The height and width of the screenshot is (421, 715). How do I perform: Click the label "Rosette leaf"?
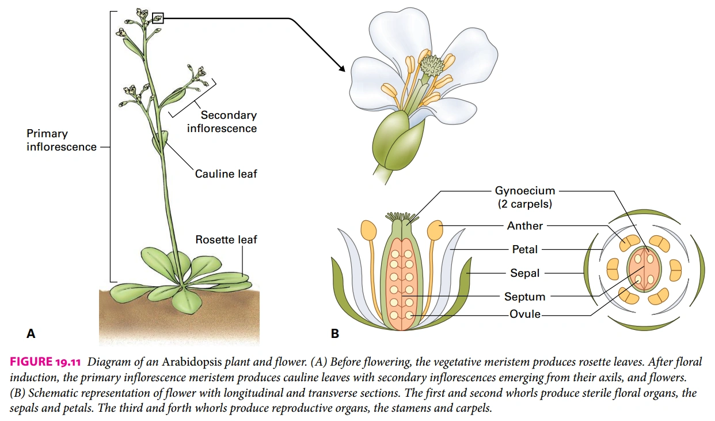pyautogui.click(x=226, y=239)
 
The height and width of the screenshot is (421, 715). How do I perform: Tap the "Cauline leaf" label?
pyautogui.click(x=226, y=174)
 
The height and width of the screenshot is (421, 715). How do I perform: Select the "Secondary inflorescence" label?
pyautogui.click(x=222, y=122)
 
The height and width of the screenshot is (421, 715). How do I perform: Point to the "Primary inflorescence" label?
pyautogui.click(x=62, y=141)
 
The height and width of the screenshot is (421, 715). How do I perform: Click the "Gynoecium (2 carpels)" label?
pyautogui.click(x=525, y=197)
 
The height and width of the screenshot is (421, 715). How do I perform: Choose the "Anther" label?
pyautogui.click(x=525, y=226)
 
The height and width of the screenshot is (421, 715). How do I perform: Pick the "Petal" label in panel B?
pyautogui.click(x=525, y=250)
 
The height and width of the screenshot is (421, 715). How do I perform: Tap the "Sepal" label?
pyautogui.click(x=525, y=273)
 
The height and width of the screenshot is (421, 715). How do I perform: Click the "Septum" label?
pyautogui.click(x=525, y=297)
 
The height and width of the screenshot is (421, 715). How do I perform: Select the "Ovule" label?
pyautogui.click(x=525, y=315)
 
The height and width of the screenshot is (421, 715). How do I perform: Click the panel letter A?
pyautogui.click(x=31, y=333)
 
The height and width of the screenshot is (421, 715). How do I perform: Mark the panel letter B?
pyautogui.click(x=335, y=333)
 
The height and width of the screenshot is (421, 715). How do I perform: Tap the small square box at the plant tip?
pyautogui.click(x=158, y=18)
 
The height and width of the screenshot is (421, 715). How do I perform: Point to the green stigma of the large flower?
pyautogui.click(x=432, y=65)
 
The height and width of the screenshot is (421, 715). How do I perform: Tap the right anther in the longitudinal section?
pyautogui.click(x=435, y=231)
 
